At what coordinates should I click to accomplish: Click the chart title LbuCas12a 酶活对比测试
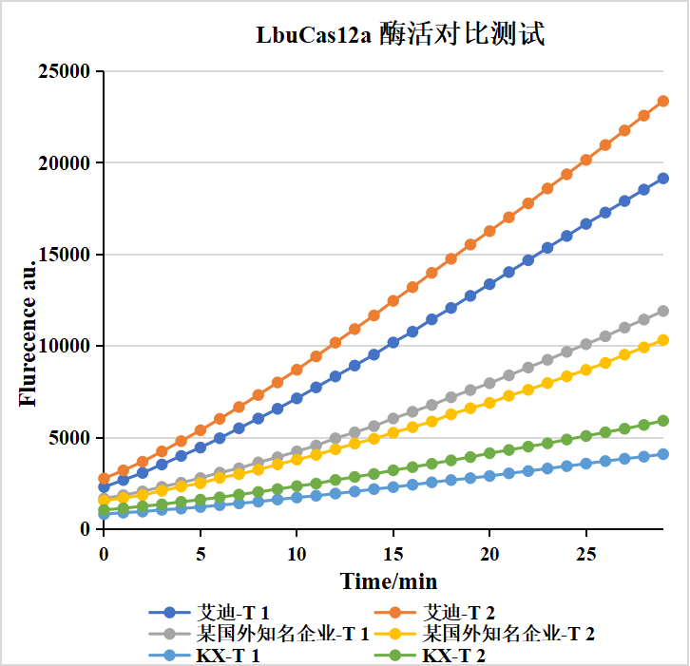(399, 36)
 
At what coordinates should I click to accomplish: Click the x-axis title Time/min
(390, 581)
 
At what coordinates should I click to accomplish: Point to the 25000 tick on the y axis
(64, 71)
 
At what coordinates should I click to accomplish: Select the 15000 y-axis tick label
(64, 255)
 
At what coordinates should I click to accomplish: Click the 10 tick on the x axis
(297, 554)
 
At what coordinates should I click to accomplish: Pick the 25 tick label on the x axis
(585, 554)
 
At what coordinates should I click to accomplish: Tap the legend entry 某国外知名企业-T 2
(508, 633)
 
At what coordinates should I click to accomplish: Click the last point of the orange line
(663, 101)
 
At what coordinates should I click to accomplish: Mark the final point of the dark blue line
(663, 178)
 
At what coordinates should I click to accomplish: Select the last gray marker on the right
(663, 311)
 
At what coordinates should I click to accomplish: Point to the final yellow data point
(663, 340)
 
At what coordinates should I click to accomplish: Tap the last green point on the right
(663, 421)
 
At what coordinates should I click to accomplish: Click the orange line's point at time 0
(104, 479)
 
